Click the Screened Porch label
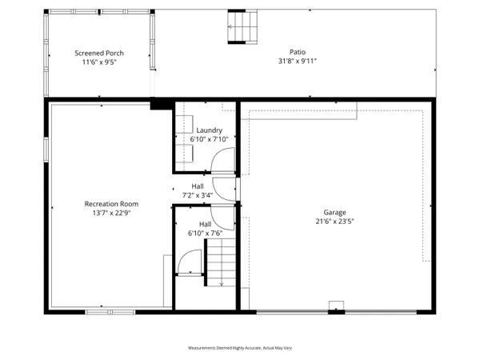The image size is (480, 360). (x=99, y=54)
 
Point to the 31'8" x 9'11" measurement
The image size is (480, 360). (x=298, y=62)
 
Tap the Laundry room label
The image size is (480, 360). (x=209, y=130)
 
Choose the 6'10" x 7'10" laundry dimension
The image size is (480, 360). (x=209, y=139)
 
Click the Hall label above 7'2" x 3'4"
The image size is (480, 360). (x=197, y=186)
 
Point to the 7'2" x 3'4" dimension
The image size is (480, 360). (x=197, y=194)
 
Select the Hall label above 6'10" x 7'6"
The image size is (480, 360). (x=205, y=225)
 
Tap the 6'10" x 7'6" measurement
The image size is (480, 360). (x=205, y=234)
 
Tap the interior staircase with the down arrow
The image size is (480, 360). (x=219, y=265)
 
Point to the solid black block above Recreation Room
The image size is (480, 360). (x=162, y=103)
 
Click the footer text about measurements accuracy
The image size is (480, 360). (x=239, y=348)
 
